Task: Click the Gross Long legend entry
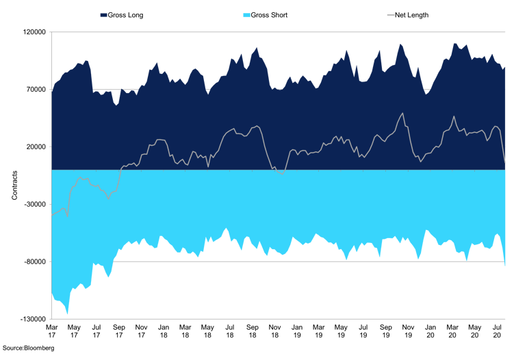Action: coord(123,14)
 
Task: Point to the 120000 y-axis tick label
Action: coord(33,32)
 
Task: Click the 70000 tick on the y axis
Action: coord(35,90)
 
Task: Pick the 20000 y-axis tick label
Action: coord(35,147)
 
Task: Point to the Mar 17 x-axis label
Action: coord(52,331)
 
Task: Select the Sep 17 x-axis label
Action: coord(118,331)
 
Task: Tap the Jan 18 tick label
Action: coord(163,331)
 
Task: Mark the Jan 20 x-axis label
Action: coord(430,331)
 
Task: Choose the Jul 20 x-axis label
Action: coord(496,331)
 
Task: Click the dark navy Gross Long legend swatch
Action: coord(104,14)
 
